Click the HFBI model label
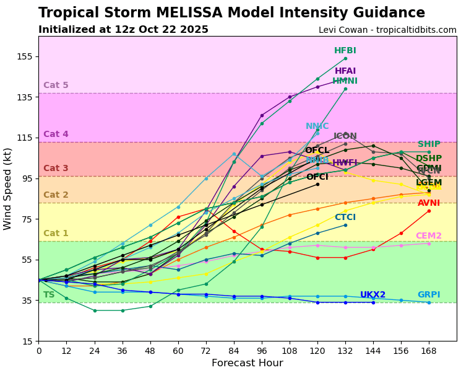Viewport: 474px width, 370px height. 345,51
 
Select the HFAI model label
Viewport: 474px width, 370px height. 345,71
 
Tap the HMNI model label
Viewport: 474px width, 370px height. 345,81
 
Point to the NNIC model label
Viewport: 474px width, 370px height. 317,126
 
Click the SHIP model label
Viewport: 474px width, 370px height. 429,144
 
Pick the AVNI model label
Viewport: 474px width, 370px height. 429,203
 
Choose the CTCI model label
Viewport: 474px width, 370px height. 345,218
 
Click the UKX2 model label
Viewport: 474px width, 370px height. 373,295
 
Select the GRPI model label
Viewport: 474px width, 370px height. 429,295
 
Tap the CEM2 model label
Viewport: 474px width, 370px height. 429,236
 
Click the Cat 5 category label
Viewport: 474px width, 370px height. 56,86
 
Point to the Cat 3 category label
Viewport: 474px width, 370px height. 56,169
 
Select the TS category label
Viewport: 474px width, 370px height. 49,295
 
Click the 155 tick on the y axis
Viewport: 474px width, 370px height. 25,56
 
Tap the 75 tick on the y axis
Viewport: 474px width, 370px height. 25,219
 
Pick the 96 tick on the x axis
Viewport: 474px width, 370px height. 262,350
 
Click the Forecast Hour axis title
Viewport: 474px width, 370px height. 248,363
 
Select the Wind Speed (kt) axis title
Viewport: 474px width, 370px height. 8,188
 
